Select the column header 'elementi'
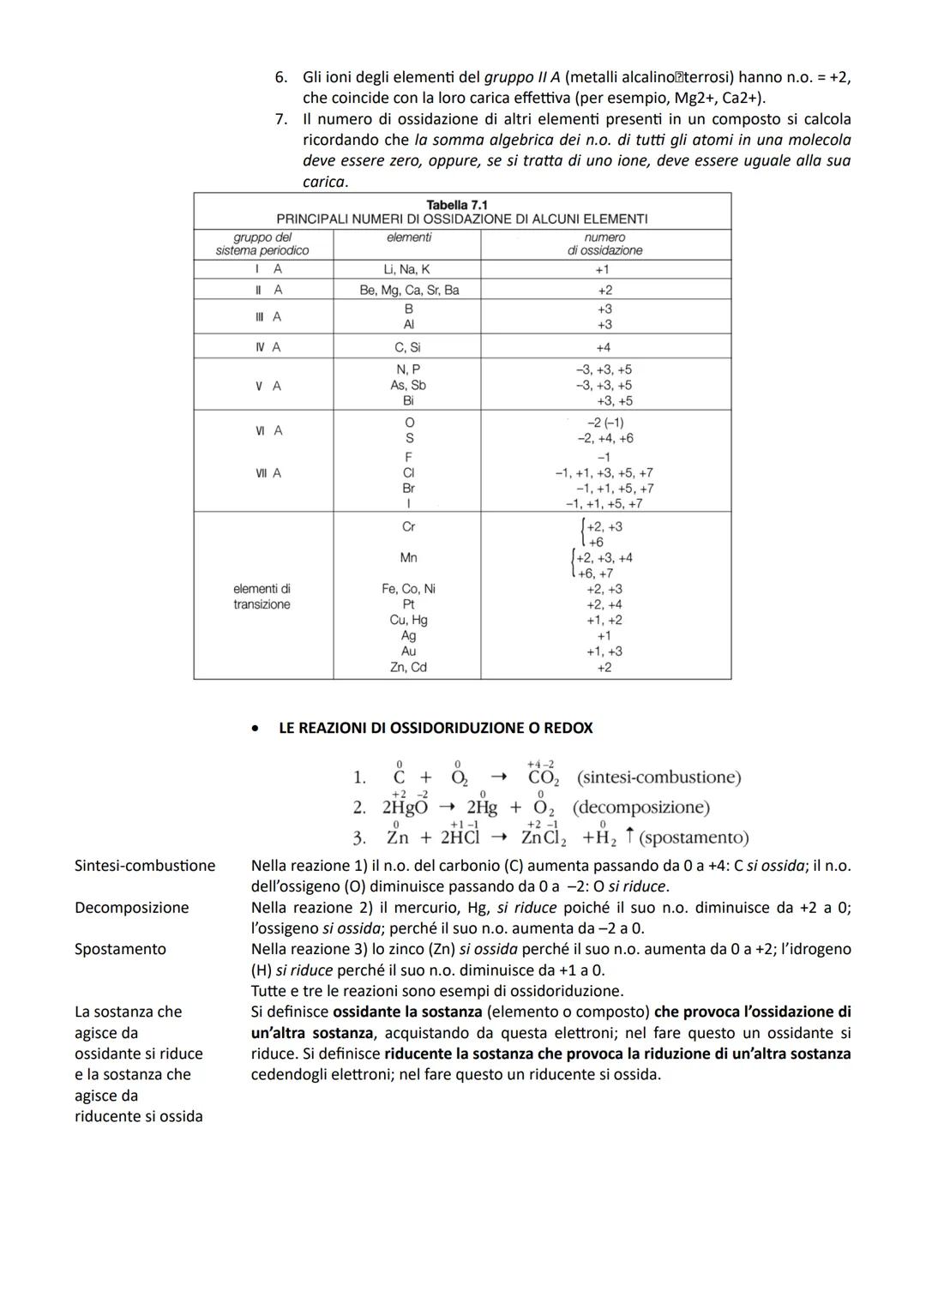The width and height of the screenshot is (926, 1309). click(409, 237)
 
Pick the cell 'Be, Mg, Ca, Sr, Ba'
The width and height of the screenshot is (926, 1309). click(409, 290)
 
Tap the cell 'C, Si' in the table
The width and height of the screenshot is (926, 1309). click(407, 347)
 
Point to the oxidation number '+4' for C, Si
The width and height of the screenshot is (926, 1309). click(604, 347)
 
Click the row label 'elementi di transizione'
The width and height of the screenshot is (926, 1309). click(262, 597)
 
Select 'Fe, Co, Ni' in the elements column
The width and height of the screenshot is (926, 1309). click(408, 589)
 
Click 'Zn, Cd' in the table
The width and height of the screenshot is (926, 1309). click(408, 667)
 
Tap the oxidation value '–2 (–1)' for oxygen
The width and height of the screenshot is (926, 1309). click(605, 423)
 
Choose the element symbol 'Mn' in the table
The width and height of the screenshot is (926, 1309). click(408, 558)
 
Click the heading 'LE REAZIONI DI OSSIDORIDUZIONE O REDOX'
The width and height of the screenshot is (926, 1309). click(436, 728)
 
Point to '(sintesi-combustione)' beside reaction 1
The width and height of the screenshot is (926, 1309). click(658, 778)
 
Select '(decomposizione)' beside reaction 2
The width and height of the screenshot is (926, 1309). click(640, 808)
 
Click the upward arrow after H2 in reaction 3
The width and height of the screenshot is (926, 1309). click(630, 836)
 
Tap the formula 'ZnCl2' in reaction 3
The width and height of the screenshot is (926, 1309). click(544, 838)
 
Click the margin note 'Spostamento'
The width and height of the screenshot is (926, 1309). click(120, 949)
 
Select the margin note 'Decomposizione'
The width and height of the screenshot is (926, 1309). click(131, 907)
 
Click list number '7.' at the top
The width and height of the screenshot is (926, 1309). click(281, 119)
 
